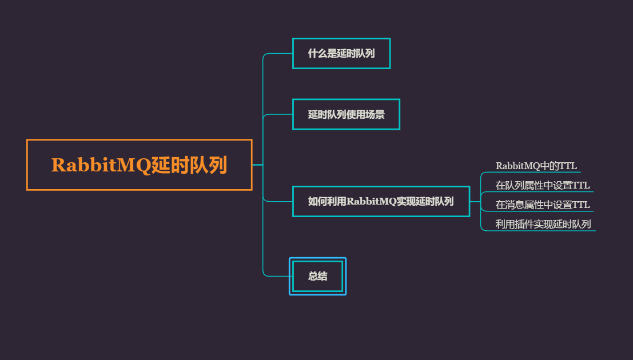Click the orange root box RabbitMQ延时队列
click(139, 165)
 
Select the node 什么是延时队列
click(341, 53)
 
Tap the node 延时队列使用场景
click(346, 114)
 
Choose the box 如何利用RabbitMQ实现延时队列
click(381, 201)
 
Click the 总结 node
click(317, 276)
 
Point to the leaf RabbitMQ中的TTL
click(536, 166)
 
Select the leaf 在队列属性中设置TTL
click(542, 185)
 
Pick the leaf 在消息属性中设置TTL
click(542, 205)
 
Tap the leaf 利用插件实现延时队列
click(543, 224)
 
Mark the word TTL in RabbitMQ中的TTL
click(568, 166)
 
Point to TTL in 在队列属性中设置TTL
click(580, 185)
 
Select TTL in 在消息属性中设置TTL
click(580, 205)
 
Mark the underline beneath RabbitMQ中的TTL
click(538, 172)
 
